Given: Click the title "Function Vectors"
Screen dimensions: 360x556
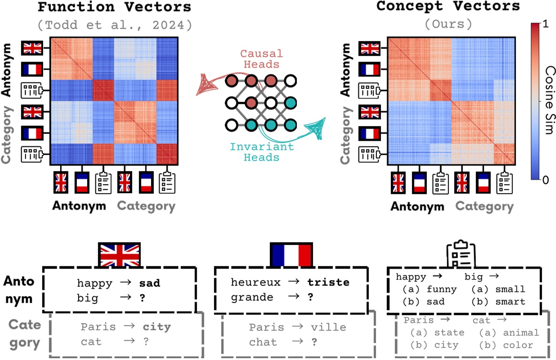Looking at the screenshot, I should [x=114, y=8].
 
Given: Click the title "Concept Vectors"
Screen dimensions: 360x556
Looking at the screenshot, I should [x=448, y=6].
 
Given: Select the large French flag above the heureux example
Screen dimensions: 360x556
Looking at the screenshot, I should [x=291, y=255].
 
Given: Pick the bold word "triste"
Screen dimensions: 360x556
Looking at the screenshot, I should [x=328, y=283].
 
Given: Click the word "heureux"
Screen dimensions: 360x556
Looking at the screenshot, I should [x=255, y=283].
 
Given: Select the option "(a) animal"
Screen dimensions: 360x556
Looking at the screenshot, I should [x=508, y=333].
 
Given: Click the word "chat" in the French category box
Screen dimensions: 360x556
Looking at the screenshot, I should [x=263, y=342].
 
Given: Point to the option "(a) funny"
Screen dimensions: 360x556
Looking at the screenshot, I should [x=429, y=289].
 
